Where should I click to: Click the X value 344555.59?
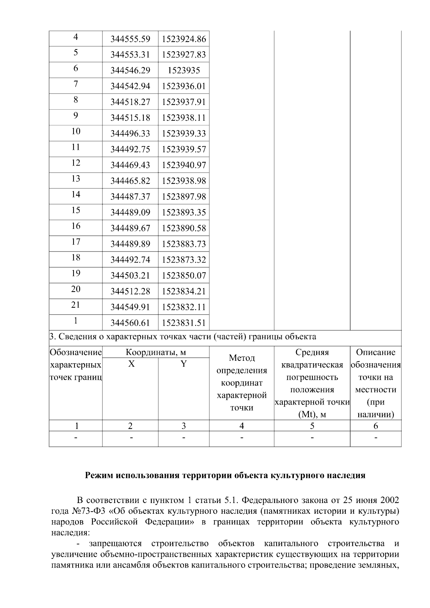tap(130, 39)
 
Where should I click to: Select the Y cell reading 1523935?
tap(183, 71)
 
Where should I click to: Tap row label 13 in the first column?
tap(76, 179)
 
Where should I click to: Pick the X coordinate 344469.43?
tap(130, 165)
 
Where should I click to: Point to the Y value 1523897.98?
tap(183, 197)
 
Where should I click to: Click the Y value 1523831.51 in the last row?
tap(183, 323)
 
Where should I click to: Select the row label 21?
tap(76, 305)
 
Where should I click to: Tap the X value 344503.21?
tap(130, 276)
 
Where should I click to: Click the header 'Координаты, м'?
tap(156, 352)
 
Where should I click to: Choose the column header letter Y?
tap(183, 364)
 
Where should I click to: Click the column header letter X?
tap(132, 364)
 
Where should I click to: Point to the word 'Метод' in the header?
tap(242, 358)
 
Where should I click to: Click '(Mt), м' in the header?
tap(312, 415)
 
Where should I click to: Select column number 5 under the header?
tap(312, 426)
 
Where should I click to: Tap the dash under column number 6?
tap(376, 438)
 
